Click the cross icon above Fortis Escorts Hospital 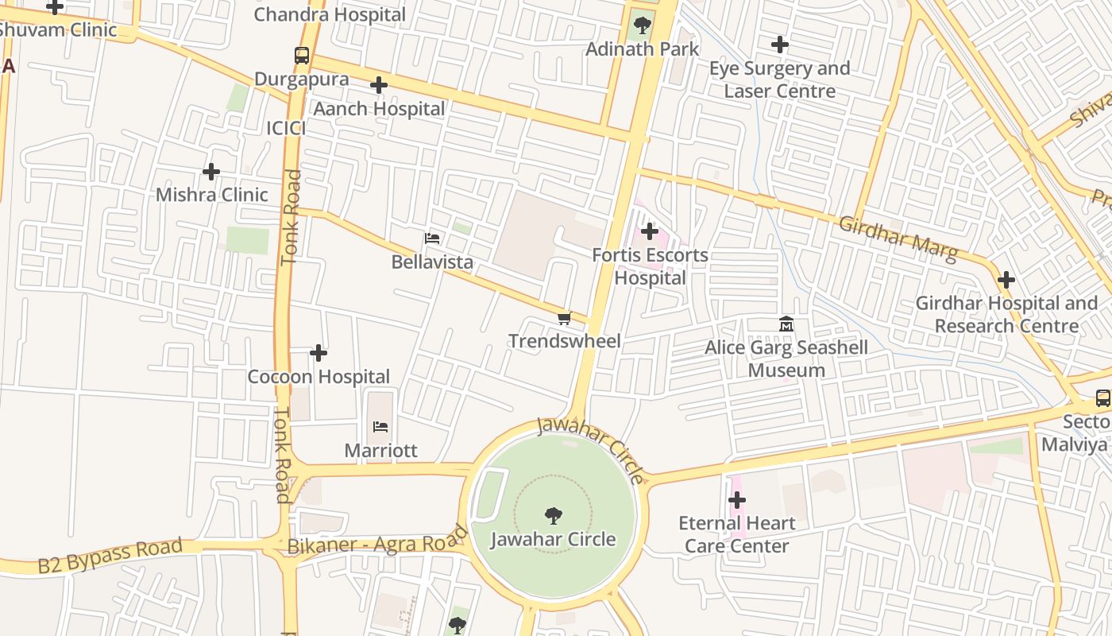click(x=650, y=231)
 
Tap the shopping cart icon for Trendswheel click(x=564, y=319)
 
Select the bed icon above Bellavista click(x=432, y=238)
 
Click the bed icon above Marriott click(x=380, y=427)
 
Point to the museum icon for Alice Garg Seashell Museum click(x=786, y=324)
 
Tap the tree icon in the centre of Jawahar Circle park click(x=554, y=516)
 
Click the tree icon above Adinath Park click(x=642, y=25)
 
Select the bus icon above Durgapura click(x=302, y=56)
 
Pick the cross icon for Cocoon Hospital click(x=319, y=353)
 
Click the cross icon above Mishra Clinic click(x=211, y=172)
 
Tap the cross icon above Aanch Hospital click(x=379, y=85)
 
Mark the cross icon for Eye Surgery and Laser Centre click(x=780, y=45)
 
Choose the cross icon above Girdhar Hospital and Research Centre click(x=1006, y=280)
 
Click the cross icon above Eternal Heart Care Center click(x=737, y=500)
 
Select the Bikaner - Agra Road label click(x=378, y=541)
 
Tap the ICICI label click(x=285, y=128)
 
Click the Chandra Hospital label click(x=330, y=14)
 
